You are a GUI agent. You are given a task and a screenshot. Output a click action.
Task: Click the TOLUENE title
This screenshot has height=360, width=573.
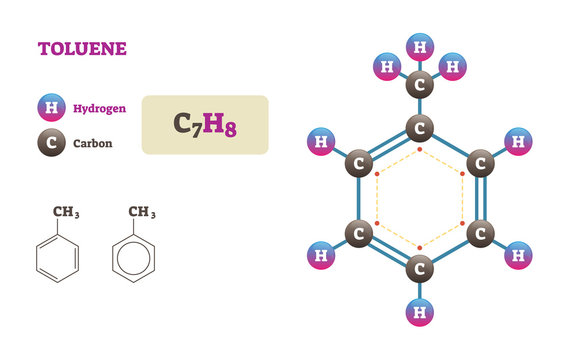[82, 48]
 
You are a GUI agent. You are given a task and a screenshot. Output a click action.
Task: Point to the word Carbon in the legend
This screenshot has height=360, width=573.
[92, 144]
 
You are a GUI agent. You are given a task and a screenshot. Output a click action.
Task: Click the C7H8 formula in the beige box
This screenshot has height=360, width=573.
[205, 125]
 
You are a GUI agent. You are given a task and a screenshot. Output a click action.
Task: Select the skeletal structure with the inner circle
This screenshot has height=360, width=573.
[133, 259]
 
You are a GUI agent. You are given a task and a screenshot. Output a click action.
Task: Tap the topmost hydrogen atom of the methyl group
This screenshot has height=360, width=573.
[420, 46]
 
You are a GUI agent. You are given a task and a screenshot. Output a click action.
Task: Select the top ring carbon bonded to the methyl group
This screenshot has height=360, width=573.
[420, 128]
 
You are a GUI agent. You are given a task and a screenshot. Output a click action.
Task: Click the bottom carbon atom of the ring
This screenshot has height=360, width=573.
[420, 268]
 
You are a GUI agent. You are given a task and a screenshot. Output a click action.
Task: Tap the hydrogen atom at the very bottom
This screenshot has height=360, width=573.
[420, 313]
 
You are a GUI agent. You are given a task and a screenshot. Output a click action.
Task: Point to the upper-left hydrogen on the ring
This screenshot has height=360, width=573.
[321, 142]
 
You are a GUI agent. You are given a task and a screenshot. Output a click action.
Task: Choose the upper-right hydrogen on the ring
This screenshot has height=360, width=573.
[518, 142]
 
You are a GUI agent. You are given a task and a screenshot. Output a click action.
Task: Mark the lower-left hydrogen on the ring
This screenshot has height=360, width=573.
[321, 255]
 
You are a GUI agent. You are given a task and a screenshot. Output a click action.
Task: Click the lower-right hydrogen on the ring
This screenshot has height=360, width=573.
[518, 255]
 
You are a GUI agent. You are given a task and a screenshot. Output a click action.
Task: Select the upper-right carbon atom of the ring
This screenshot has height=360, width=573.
[480, 163]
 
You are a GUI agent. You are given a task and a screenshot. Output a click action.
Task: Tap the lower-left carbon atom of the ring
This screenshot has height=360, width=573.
[359, 234]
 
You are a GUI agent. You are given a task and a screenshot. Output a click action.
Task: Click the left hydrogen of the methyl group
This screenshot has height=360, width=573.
[386, 68]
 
